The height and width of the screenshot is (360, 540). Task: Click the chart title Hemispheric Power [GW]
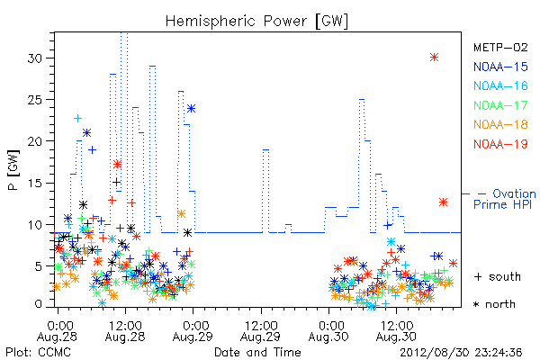(x=256, y=22)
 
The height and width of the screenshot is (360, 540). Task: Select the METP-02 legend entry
(x=500, y=47)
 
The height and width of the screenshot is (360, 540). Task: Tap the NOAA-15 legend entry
(x=500, y=67)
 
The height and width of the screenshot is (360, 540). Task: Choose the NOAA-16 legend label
(x=500, y=85)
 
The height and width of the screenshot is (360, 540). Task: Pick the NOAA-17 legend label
(x=500, y=105)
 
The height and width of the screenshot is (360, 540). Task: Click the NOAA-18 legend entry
(x=500, y=124)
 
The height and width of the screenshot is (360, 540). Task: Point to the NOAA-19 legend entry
(x=500, y=144)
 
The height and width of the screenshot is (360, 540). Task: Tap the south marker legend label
(x=498, y=276)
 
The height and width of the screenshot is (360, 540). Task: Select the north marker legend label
(x=494, y=304)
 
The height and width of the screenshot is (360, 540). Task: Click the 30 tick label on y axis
(x=34, y=58)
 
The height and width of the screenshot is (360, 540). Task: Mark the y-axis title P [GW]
(x=13, y=170)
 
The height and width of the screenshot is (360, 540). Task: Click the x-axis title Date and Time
(x=257, y=352)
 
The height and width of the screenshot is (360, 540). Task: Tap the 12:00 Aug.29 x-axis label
(x=261, y=331)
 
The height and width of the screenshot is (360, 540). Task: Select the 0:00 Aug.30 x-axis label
(x=328, y=331)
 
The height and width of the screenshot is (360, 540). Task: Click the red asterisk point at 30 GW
(x=435, y=58)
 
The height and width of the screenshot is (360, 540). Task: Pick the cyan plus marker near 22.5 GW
(x=77, y=119)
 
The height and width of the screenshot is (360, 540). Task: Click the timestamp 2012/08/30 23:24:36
(x=461, y=353)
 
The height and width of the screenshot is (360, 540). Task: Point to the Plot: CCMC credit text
(x=38, y=353)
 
